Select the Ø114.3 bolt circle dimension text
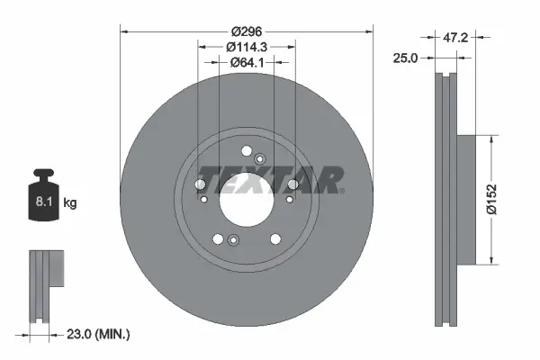tap(246, 46)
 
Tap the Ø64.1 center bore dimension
tap(246, 62)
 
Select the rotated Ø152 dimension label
tap(509, 200)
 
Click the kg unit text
tap(70, 203)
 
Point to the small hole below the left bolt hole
tap(204, 200)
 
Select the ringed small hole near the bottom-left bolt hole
tap(233, 239)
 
